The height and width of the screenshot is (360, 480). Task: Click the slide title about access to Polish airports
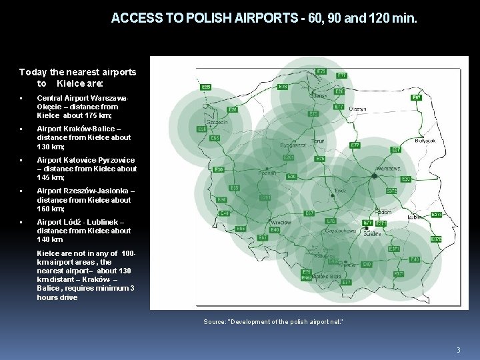[264, 19]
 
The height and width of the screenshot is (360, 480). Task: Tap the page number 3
[458, 350]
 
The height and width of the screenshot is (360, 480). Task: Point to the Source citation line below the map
[273, 322]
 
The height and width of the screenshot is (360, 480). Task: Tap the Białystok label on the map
[424, 141]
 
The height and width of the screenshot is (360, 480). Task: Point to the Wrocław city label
[281, 221]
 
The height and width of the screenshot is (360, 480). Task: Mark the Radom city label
[383, 211]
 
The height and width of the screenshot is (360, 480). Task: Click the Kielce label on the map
[372, 234]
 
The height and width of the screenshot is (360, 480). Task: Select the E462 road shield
[306, 277]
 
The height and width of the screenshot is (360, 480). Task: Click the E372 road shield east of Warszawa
[391, 191]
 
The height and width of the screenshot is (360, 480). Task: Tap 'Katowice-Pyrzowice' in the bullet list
[99, 160]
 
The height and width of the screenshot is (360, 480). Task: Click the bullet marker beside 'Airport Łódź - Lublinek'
[22, 222]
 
